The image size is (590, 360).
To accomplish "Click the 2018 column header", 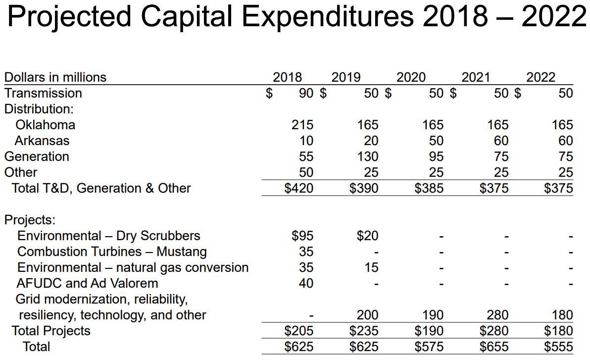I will coord(287,77).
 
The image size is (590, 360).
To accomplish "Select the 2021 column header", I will coord(475,77).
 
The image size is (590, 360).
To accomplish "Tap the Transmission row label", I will coord(43,93).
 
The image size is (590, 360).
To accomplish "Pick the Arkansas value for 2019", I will coord(371,141).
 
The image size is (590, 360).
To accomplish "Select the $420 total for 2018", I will coord(298,188).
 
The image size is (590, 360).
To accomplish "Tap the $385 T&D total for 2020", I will coord(429,188).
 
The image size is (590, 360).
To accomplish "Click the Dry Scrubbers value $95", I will coord(302,236).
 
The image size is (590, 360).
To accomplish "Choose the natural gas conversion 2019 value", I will coord(371,267).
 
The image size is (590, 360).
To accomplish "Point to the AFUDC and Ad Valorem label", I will coord(87,283).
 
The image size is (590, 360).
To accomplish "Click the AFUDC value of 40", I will coord(306,283).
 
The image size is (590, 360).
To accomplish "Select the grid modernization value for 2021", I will coord(497,315).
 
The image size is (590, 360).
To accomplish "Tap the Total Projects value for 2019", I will coord(364,331).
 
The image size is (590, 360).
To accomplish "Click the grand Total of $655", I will coord(494,347).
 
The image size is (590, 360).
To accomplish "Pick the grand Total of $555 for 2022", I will coord(558,347).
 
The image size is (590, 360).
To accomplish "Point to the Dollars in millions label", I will coord(55,77).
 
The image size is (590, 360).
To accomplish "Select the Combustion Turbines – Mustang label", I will coord(112,252).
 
